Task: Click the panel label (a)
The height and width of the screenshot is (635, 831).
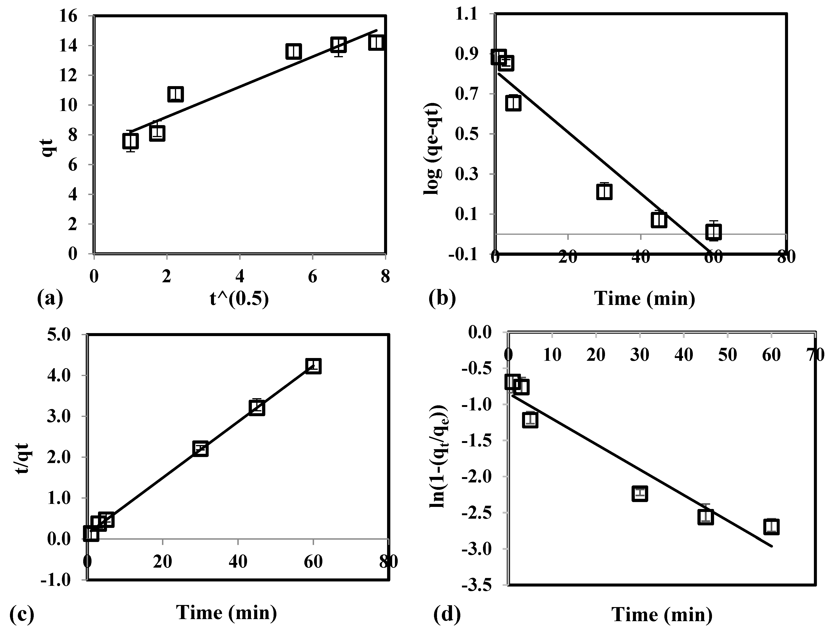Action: [x=50, y=299]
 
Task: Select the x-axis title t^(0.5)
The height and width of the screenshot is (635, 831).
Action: [x=239, y=299]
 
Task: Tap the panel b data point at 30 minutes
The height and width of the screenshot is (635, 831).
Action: [x=604, y=192]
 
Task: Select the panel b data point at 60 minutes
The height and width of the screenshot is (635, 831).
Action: [x=713, y=232]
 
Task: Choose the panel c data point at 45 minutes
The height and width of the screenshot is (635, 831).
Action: [x=257, y=408]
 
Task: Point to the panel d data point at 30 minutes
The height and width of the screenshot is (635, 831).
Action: [x=639, y=494]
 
